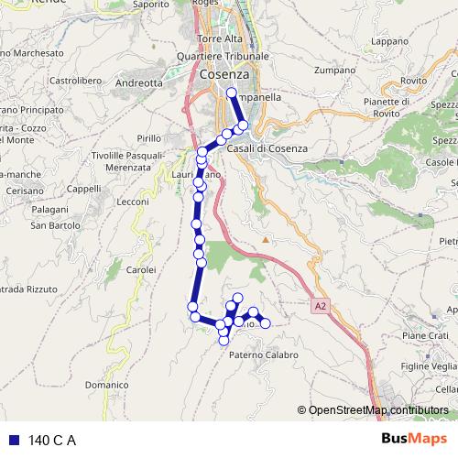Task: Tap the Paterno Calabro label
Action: (264, 354)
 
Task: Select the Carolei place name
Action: (141, 270)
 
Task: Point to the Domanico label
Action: (107, 386)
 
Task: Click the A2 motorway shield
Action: (319, 306)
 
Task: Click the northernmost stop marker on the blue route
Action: (231, 93)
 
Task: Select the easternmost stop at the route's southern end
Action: (266, 323)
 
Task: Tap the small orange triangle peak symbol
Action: (266, 240)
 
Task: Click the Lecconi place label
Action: (133, 202)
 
